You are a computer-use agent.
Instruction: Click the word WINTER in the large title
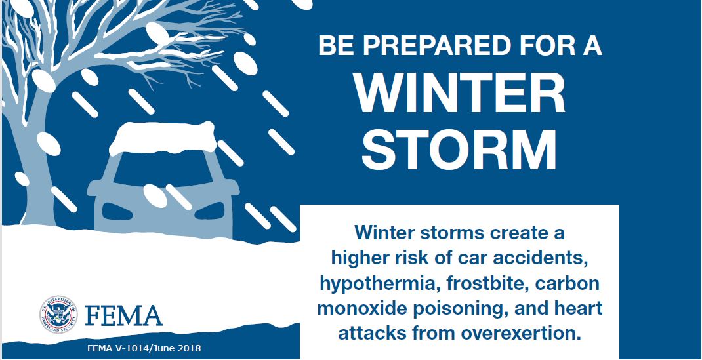pos(459,95)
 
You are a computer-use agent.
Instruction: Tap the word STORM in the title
pos(459,149)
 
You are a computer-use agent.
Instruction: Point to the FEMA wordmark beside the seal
pos(123,316)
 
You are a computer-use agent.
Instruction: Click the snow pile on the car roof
pos(162,138)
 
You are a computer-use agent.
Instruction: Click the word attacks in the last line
pos(370,332)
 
